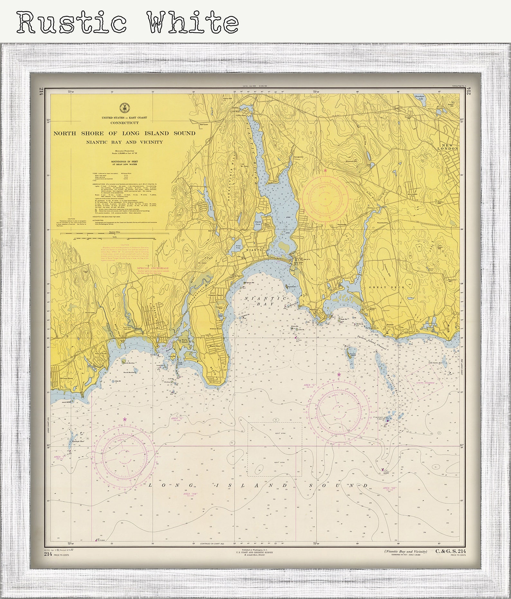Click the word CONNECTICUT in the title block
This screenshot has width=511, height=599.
[x=124, y=123]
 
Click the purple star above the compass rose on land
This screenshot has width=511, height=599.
[x=325, y=170]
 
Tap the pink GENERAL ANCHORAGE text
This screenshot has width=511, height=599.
[x=425, y=383]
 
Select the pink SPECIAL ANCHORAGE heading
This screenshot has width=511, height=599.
[x=153, y=268]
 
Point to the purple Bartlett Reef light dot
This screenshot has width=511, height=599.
[x=387, y=421]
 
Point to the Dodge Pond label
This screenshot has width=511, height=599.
[x=238, y=247]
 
